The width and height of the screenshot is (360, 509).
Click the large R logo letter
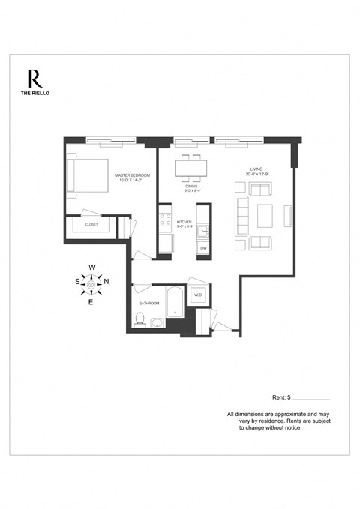tap(34, 79)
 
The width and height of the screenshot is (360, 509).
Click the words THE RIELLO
tap(34, 94)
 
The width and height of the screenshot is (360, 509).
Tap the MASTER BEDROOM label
tap(133, 175)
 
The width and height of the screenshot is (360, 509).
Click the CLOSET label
tap(91, 224)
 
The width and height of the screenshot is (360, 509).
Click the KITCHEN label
tap(184, 222)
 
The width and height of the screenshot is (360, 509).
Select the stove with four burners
tap(164, 219)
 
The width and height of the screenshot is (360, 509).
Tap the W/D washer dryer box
tap(198, 295)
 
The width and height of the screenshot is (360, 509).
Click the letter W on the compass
tap(91, 268)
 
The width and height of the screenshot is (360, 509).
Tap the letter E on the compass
tap(91, 302)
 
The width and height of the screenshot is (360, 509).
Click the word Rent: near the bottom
tap(279, 397)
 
